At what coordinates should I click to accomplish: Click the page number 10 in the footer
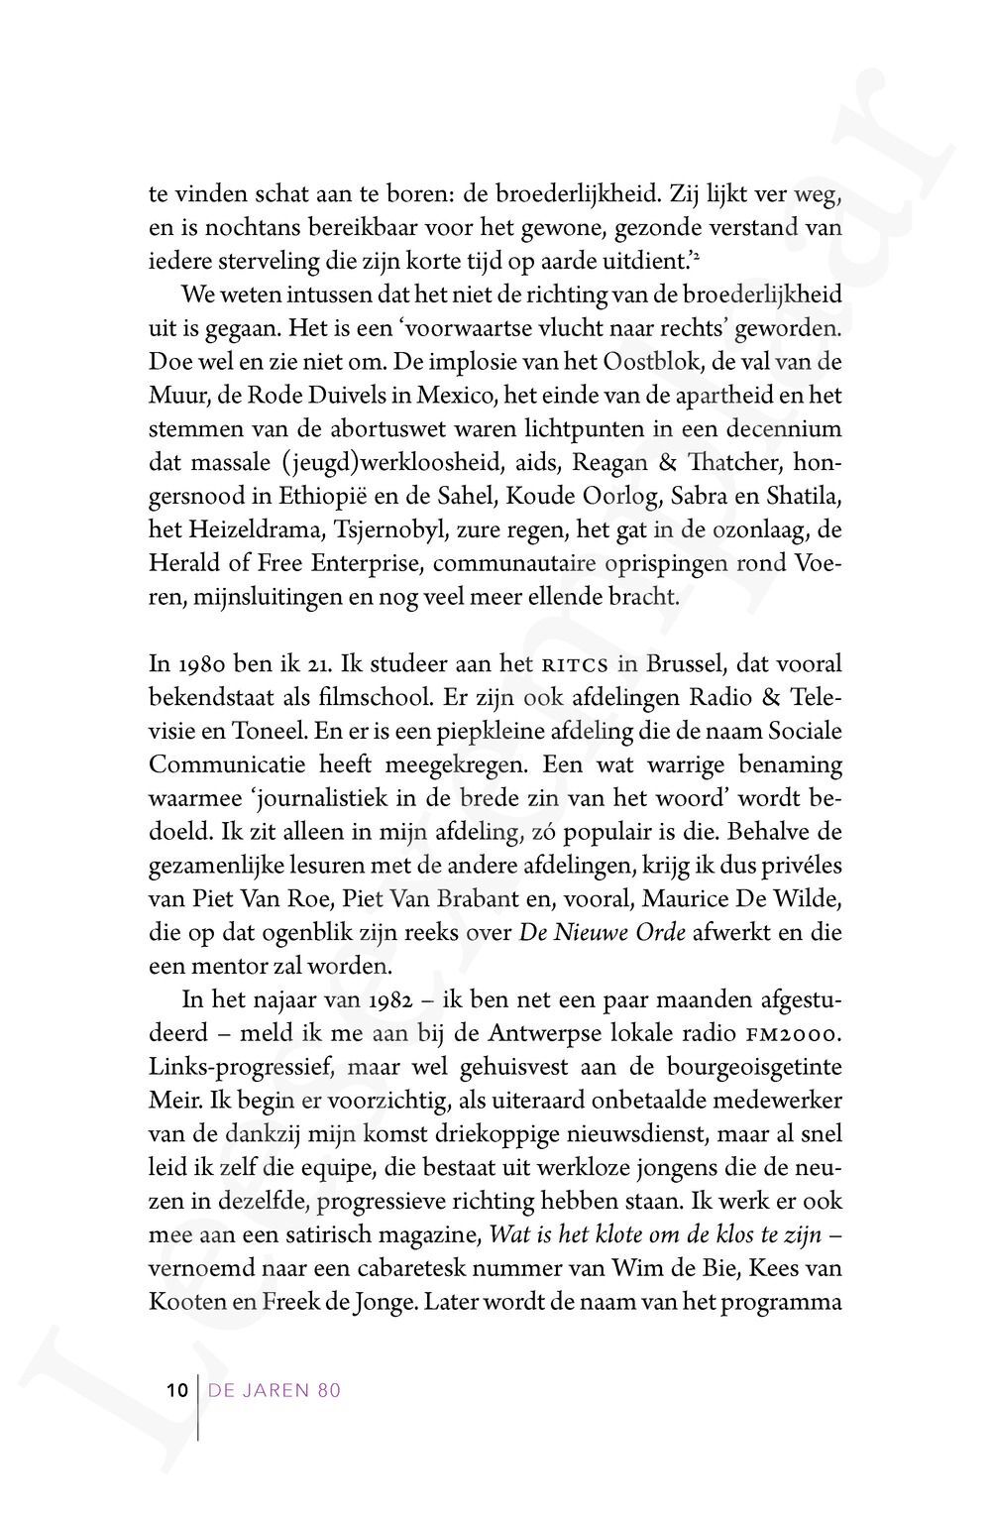tap(176, 1390)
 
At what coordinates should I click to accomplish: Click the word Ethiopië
tap(373, 496)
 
